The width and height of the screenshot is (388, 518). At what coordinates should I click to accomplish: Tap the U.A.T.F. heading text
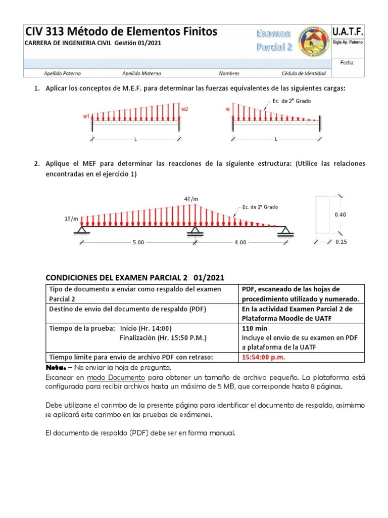[348, 31]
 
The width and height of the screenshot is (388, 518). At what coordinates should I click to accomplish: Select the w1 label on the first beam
[86, 116]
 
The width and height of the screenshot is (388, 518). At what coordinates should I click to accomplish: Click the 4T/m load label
[191, 198]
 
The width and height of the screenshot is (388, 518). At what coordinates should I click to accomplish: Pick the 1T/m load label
[71, 219]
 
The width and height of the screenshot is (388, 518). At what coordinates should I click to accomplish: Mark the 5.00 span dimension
[138, 242]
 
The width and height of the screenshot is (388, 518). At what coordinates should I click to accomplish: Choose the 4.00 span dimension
[240, 242]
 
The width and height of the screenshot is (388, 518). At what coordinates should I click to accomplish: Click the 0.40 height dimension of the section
[341, 214]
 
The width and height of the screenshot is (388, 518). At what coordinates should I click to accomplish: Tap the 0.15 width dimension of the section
[342, 242]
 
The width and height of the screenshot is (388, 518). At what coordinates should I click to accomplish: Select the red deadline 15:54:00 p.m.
[263, 357]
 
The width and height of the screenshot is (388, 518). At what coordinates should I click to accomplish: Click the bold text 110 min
[255, 328]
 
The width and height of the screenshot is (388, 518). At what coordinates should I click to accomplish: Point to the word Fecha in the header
[348, 63]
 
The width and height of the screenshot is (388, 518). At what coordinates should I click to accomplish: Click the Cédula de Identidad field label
[303, 73]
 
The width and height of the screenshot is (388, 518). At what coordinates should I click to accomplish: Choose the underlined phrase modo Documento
[116, 378]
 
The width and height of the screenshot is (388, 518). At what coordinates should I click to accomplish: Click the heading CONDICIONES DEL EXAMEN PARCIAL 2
[116, 278]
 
